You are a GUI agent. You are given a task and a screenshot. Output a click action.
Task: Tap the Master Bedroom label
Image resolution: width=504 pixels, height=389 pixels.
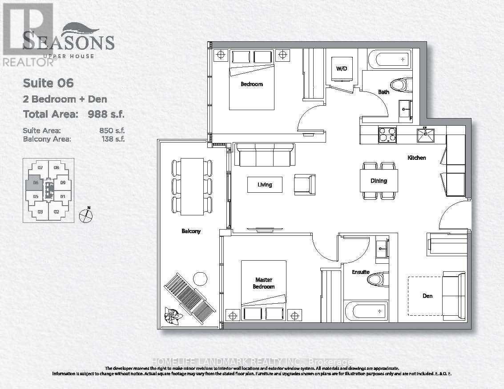pos(264,283)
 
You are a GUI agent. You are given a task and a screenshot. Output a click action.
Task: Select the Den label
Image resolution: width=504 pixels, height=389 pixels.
pos(427,296)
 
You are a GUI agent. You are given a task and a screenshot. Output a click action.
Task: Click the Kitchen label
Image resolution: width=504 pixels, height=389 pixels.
pos(417,158)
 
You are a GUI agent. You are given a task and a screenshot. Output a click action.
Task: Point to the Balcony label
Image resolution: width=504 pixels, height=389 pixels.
pos(191,231)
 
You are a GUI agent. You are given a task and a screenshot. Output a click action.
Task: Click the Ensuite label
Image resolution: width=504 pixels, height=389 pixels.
pos(361,271)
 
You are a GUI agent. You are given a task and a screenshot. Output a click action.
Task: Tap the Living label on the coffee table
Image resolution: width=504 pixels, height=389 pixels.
pos(265,184)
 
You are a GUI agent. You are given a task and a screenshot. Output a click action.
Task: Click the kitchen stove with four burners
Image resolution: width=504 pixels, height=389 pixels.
pos(387,135)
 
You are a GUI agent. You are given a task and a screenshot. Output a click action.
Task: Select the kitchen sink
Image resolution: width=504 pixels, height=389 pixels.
pos(425,135)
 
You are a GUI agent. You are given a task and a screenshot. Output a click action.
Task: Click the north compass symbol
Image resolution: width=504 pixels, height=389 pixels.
pos(85,216)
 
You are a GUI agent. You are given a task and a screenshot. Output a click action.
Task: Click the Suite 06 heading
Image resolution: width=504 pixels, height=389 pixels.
pos(48,83)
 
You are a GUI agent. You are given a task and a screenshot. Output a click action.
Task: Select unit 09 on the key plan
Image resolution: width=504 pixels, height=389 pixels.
pos(63,182)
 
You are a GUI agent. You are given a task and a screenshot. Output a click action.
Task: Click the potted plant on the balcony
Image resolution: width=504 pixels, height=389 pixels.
pos(172,316)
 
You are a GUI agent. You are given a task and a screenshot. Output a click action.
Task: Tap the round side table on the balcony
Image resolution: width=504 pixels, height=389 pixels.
pos(200,279)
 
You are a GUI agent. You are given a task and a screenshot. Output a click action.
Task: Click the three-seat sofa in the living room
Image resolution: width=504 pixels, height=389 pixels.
pos(264,154)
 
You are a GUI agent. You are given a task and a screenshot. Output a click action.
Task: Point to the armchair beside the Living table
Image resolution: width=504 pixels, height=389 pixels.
pos(305,184)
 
